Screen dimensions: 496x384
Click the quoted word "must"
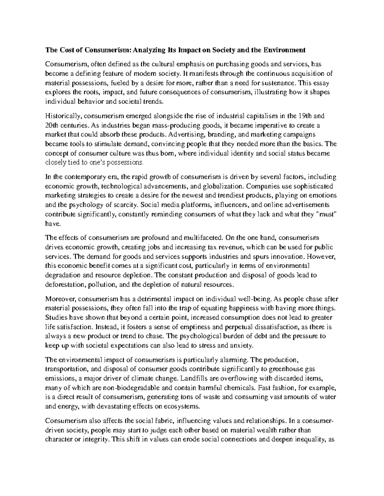pos(327,214)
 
